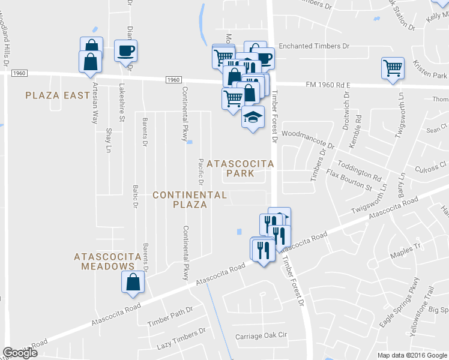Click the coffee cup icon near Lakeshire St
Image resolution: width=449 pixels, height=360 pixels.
[x=126, y=50]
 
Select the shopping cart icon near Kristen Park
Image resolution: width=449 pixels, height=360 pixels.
[x=393, y=68]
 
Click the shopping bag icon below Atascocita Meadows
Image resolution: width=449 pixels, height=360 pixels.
[x=133, y=281]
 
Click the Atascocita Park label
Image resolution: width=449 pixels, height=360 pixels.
[x=240, y=169]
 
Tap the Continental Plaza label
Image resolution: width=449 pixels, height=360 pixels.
[x=189, y=200]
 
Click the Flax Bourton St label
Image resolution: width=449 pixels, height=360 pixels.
[x=349, y=181]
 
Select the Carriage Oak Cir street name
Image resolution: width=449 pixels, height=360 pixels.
[x=262, y=335]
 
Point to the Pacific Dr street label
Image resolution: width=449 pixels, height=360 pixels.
[x=201, y=172]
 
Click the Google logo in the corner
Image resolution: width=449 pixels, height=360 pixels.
[x=20, y=353]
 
